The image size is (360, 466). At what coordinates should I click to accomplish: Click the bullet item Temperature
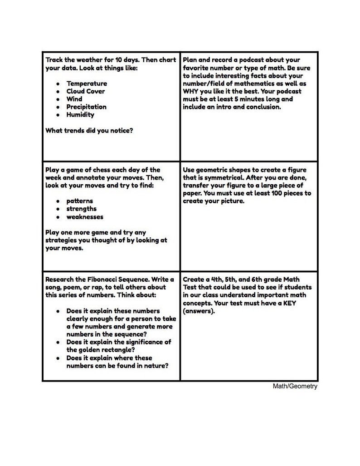coord(87,83)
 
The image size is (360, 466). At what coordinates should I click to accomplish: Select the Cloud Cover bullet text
coord(86,91)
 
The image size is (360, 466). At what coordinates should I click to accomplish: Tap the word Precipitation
coord(87,107)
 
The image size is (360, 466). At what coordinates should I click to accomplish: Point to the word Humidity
coord(80,115)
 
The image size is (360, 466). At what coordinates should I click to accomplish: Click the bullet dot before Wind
coord(58,99)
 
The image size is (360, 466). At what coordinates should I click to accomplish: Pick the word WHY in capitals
coord(192,92)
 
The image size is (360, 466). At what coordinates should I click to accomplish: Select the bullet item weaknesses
coord(85,217)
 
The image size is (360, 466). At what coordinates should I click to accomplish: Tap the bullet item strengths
coord(82,209)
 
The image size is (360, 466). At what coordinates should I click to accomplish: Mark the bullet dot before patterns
coord(58,201)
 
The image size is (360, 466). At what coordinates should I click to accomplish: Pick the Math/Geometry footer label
coord(295,387)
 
